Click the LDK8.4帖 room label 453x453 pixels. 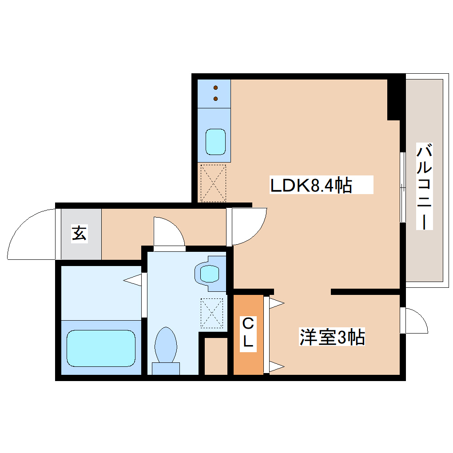[311, 185]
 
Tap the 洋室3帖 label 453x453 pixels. [332, 338]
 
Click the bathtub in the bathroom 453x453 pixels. [101, 348]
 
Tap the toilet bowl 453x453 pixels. [166, 345]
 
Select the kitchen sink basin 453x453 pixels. [216, 142]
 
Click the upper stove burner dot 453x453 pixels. [216, 87]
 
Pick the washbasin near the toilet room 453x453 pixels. [209, 273]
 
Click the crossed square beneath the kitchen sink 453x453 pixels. [213, 183]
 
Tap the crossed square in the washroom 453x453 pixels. [213, 313]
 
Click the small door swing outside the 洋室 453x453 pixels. [416, 321]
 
